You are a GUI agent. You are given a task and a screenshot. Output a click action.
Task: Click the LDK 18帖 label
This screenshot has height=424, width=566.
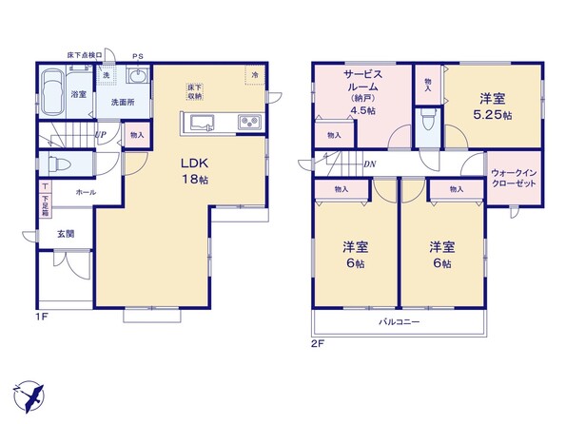[195, 171]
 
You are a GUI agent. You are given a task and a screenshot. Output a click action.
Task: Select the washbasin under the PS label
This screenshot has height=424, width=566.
[138, 77]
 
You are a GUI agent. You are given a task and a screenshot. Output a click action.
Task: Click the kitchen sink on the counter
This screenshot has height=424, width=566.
[202, 123]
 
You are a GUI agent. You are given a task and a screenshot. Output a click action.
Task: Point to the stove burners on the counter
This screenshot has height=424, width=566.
[249, 122]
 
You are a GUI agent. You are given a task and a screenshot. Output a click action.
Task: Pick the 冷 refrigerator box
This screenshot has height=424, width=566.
[255, 75]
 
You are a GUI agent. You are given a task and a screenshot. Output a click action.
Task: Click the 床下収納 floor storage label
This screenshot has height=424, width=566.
[195, 91]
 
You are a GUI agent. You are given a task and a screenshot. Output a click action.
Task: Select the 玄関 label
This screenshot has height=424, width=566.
[66, 234]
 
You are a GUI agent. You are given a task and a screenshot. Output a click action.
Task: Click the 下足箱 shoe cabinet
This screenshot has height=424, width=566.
[46, 205]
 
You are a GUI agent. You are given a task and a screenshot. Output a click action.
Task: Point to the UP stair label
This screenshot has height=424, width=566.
[101, 135]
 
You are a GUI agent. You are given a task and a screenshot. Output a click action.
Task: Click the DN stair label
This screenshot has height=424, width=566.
[370, 164]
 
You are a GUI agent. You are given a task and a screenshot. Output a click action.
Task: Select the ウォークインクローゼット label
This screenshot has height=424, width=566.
[514, 178]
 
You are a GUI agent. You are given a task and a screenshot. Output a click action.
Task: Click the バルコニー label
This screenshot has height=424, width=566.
[399, 321]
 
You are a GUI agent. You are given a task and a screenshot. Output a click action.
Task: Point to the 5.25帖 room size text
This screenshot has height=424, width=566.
[493, 115]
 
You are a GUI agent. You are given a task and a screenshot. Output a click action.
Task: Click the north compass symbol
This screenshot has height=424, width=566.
[29, 396]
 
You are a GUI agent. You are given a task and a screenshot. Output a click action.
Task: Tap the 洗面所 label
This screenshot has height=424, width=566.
[123, 102]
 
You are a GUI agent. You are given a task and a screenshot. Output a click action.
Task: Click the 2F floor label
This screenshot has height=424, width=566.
[318, 343]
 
